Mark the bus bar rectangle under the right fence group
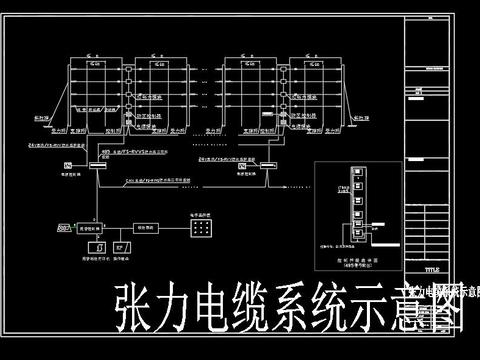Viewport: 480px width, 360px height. coord(259,163)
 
